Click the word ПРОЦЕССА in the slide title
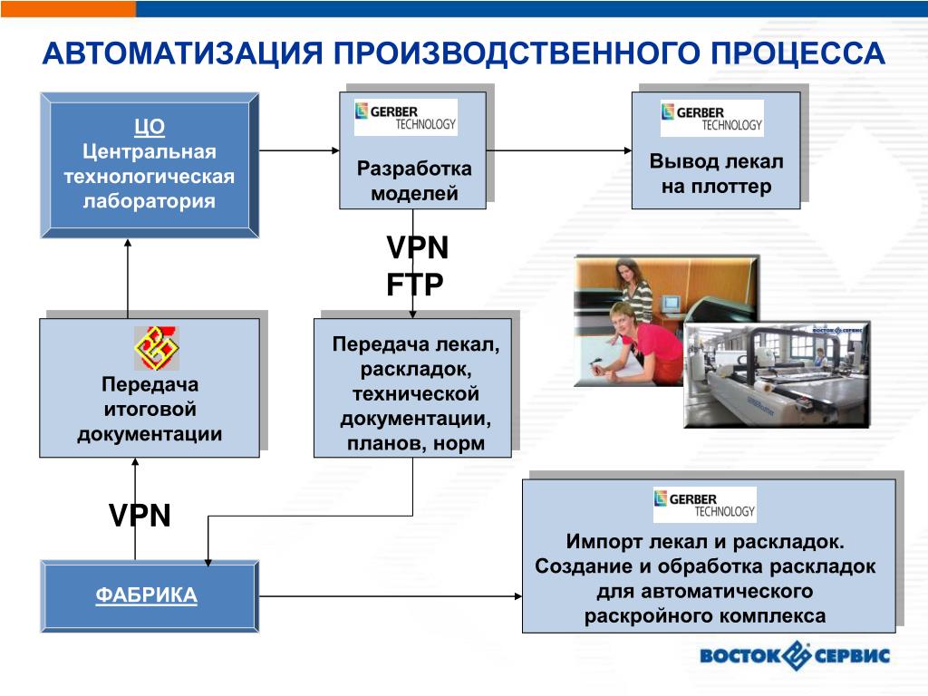click(x=797, y=53)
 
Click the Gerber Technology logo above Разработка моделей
click(x=405, y=117)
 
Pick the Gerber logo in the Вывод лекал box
click(x=711, y=117)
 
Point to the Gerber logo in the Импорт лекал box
click(x=704, y=505)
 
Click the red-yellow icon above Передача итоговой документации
click(x=156, y=349)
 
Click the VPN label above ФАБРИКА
click(x=140, y=516)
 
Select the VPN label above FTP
click(x=417, y=246)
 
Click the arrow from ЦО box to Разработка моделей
click(x=299, y=150)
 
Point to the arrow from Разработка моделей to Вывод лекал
click(x=558, y=150)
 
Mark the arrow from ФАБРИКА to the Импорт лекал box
click(x=390, y=595)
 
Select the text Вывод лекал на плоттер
click(x=716, y=174)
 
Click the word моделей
click(x=414, y=193)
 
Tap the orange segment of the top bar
click(x=68, y=8)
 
